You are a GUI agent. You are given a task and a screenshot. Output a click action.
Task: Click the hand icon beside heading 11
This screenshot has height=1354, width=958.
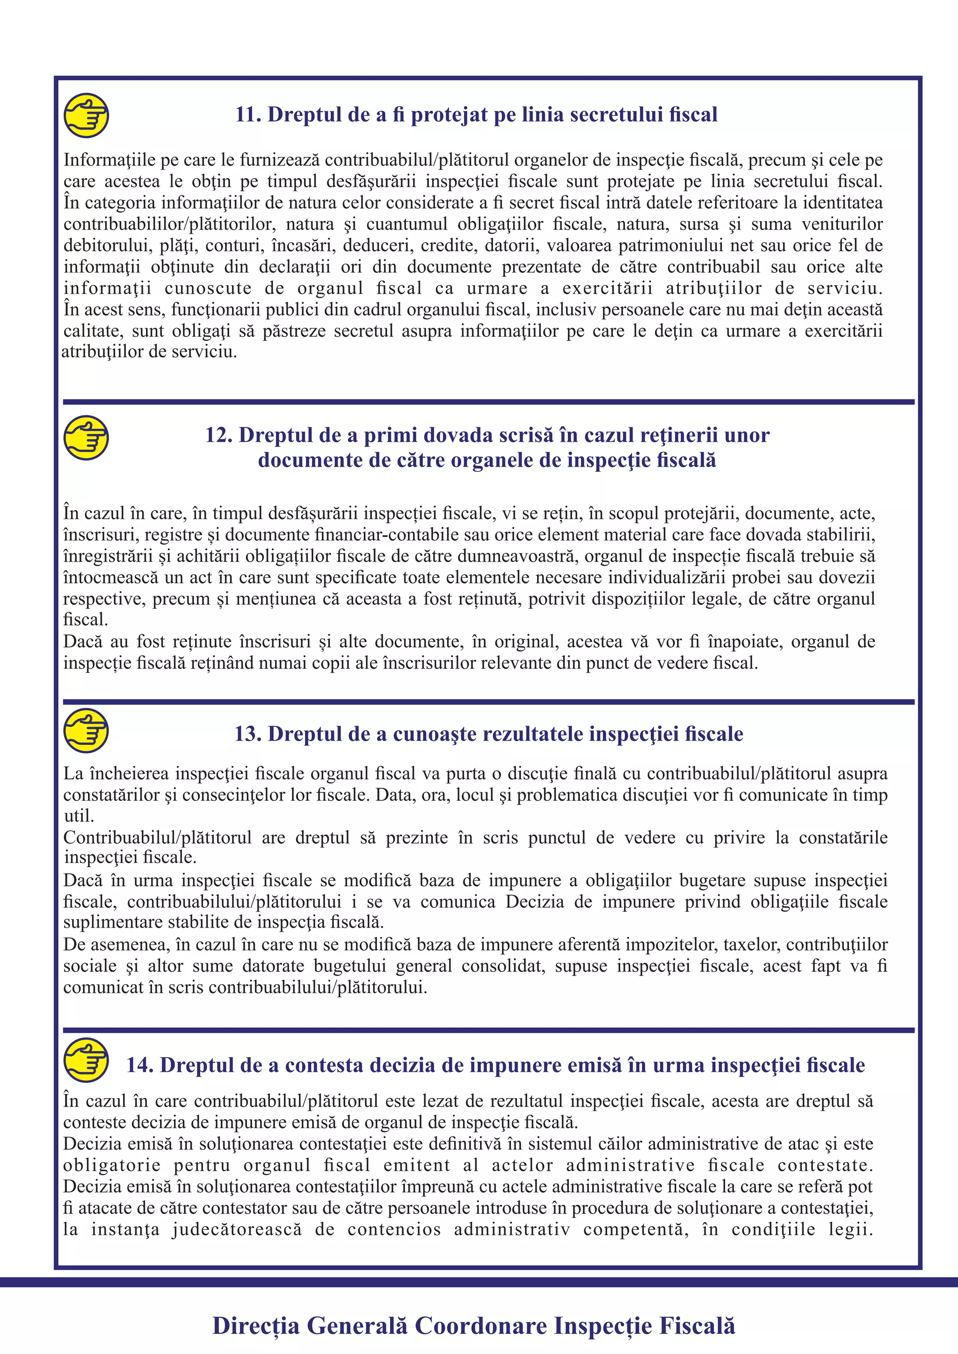86,115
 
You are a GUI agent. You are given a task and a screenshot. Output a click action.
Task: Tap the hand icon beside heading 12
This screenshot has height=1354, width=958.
86,438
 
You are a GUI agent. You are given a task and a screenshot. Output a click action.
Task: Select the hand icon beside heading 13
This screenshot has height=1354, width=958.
86,731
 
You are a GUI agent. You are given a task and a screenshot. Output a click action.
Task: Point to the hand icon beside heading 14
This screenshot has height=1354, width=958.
86,1060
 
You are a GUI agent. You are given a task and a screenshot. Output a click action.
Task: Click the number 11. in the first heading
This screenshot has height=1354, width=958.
248,115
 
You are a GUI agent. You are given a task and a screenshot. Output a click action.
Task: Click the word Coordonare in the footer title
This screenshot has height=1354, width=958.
481,1325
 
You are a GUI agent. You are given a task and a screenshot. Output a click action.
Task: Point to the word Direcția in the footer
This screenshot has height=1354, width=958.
256,1325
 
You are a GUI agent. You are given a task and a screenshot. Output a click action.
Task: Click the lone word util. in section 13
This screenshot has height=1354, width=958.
79,816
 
